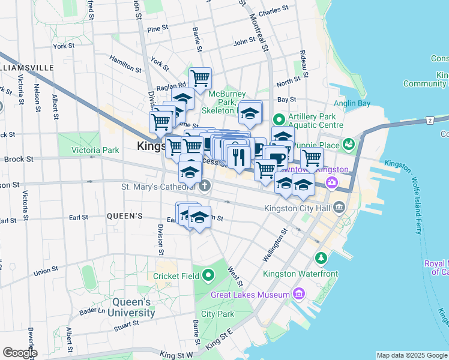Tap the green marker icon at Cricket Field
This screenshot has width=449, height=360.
[208, 275]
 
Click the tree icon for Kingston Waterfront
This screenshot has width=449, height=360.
[321, 258]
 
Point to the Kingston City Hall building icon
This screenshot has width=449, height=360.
[340, 208]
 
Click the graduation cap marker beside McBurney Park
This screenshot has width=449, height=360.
[250, 112]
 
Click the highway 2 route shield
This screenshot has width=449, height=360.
[430, 121]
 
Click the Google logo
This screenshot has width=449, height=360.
[20, 353]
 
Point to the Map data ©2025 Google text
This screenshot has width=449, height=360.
[411, 355]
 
